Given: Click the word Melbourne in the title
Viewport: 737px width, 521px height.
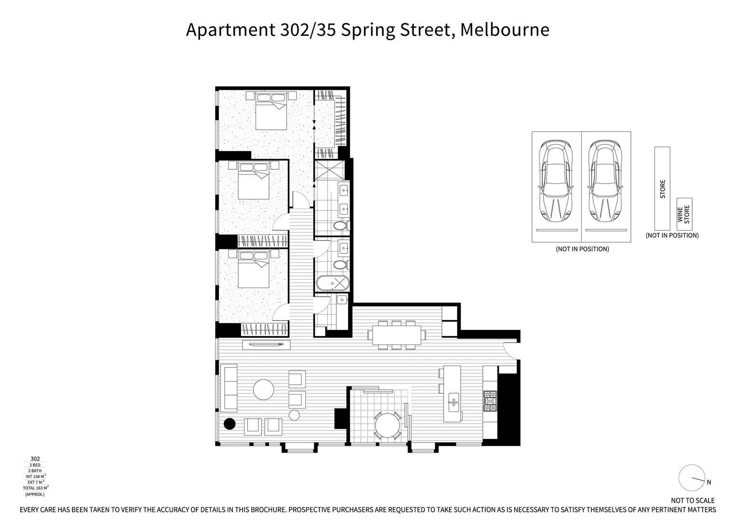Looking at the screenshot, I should (x=505, y=30).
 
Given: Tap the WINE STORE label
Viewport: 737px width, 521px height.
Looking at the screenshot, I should (x=683, y=214).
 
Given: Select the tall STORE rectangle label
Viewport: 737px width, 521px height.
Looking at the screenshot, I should (x=662, y=189).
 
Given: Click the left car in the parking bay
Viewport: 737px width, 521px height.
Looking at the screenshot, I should (x=557, y=180).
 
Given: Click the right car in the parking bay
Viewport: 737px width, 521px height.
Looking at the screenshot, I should (x=606, y=180).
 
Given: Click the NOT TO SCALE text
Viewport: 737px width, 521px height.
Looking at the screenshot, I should (x=693, y=500).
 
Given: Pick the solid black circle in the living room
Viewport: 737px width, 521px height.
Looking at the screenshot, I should (x=230, y=424).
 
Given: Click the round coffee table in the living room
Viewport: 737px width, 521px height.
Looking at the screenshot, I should (x=264, y=389).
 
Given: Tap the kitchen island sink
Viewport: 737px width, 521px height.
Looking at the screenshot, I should (x=454, y=402).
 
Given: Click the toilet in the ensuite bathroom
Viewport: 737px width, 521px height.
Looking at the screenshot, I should (x=341, y=226).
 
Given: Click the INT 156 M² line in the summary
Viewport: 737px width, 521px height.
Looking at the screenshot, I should (x=35, y=476).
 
